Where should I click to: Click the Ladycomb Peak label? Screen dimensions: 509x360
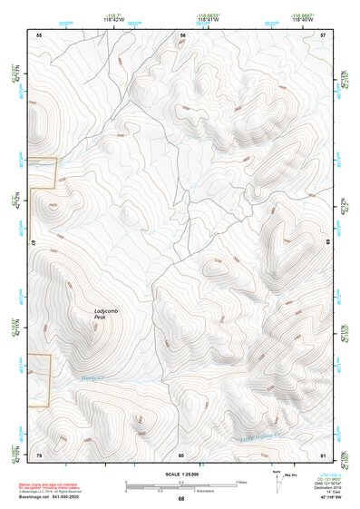106,314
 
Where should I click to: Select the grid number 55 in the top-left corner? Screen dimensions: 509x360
39,34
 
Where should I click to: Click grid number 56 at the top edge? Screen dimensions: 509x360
182,34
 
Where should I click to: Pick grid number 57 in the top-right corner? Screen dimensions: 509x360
324,34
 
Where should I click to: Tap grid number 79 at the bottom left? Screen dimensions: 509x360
39,455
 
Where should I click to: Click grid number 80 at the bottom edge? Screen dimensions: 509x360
181,455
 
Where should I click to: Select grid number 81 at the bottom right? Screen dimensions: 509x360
324,455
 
